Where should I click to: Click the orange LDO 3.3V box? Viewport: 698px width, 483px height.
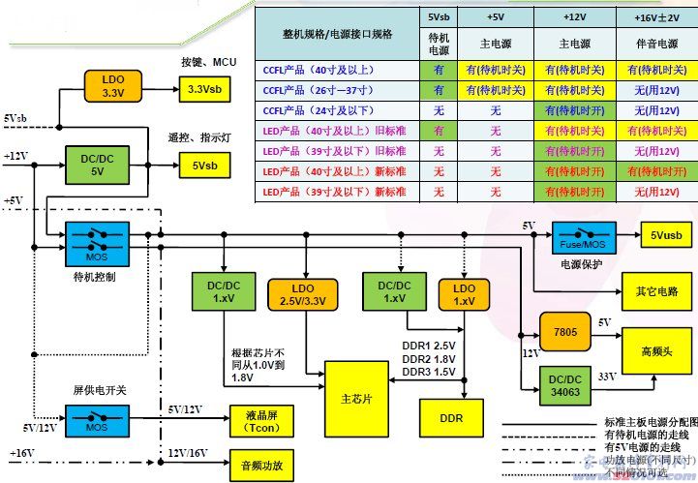113,85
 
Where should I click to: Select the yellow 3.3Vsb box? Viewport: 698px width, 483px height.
204,88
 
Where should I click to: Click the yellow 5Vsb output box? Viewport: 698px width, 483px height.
203,166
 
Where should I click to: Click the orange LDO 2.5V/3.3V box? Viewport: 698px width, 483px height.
305,292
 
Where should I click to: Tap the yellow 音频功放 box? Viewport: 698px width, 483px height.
258,466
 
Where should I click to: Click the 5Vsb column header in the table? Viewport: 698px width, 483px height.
438,18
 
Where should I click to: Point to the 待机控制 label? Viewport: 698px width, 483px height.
95,277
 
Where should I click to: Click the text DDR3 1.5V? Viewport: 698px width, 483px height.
430,372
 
